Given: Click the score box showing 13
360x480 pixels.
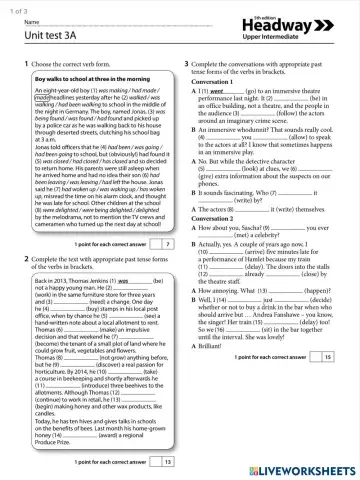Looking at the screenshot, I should [x=166, y=461].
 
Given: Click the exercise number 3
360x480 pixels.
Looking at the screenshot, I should [x=189, y=64].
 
